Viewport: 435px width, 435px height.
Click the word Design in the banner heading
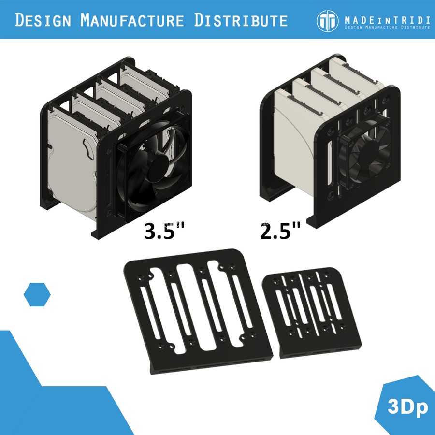tap(44, 20)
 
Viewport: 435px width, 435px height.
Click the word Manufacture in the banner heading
tap(132, 20)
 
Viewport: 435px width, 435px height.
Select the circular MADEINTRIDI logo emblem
tap(328, 20)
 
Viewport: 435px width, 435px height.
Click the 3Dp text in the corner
tap(407, 407)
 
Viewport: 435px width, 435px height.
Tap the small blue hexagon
tap(37, 294)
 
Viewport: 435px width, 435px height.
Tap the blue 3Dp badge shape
tap(406, 404)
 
